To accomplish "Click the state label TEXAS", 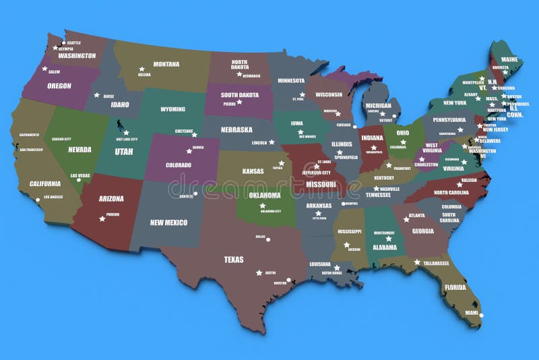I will [234, 259].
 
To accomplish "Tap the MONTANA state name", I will [166, 65].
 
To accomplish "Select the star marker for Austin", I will [259, 273].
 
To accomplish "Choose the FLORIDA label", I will [454, 287].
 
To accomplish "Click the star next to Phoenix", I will [102, 218].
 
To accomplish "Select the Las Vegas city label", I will [80, 176].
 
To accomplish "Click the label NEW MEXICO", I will [168, 222].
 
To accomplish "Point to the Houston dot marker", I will [289, 280].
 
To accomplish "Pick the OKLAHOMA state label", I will [264, 196].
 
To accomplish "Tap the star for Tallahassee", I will [417, 262].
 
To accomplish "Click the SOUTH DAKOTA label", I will [239, 95].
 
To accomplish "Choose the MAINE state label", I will [509, 59].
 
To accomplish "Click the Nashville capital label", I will [389, 189].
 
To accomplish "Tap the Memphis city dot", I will [343, 204].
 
